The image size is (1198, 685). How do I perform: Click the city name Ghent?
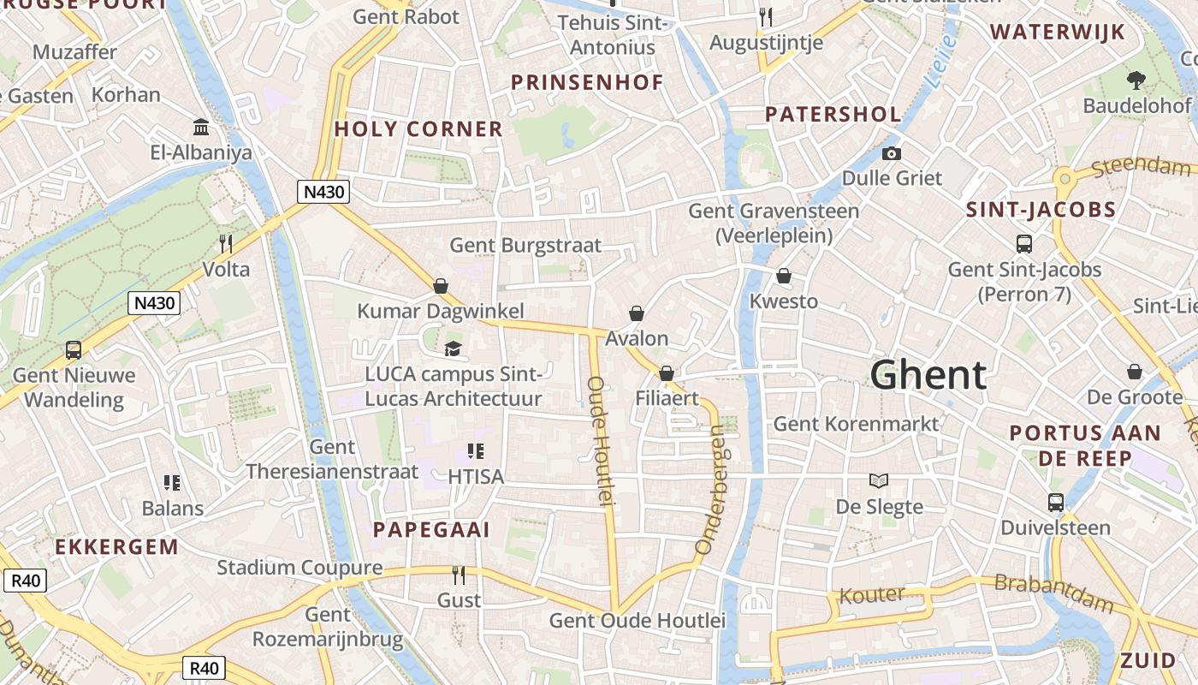pyautogui.click(x=928, y=375)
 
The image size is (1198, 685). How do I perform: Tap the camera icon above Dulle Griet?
pyautogui.click(x=892, y=153)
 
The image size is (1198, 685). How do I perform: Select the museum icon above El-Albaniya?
pyautogui.click(x=202, y=128)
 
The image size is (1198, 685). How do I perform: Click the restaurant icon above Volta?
pyautogui.click(x=226, y=244)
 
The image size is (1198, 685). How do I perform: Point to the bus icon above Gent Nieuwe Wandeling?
pyautogui.click(x=74, y=349)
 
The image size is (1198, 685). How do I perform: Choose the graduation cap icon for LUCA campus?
pyautogui.click(x=453, y=348)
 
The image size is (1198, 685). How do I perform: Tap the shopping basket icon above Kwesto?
pyautogui.click(x=784, y=276)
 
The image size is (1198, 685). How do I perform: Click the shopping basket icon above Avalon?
pyautogui.click(x=637, y=313)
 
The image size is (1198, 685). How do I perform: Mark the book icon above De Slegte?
pyautogui.click(x=879, y=480)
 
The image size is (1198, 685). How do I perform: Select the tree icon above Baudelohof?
pyautogui.click(x=1136, y=80)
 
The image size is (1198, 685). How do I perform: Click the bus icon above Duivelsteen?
pyautogui.click(x=1056, y=503)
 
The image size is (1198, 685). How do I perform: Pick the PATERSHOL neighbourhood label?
pyautogui.click(x=833, y=114)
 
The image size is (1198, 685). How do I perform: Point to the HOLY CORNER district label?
pyautogui.click(x=418, y=129)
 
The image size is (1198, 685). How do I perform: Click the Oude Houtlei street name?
pyautogui.click(x=602, y=440)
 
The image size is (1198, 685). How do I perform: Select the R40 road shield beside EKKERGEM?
pyautogui.click(x=25, y=581)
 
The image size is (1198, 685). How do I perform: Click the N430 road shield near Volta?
pyautogui.click(x=155, y=302)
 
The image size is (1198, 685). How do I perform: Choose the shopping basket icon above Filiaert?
pyautogui.click(x=667, y=373)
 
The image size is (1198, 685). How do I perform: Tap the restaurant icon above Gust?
pyautogui.click(x=459, y=575)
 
